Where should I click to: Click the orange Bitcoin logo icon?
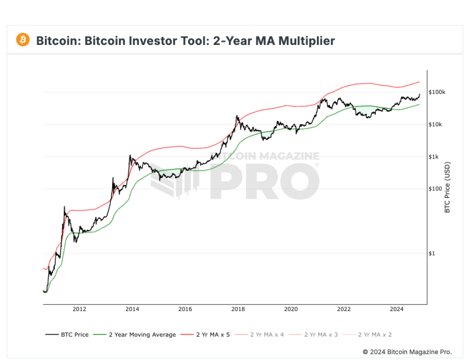pyautogui.click(x=23, y=40)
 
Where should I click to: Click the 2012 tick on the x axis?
pyautogui.click(x=79, y=309)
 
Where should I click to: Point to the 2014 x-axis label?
pyautogui.click(x=132, y=309)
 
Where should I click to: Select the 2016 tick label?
pyautogui.click(x=185, y=309)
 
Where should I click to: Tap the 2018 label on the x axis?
pyautogui.click(x=238, y=309)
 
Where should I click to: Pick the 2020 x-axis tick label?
pyautogui.click(x=291, y=309)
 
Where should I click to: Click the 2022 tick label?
pyautogui.click(x=344, y=309)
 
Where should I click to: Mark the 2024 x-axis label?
pyautogui.click(x=397, y=309)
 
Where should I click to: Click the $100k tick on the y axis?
pyautogui.click(x=437, y=92)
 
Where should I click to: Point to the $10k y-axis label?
pyautogui.click(x=436, y=124)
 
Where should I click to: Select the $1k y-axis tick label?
pyautogui.click(x=435, y=157)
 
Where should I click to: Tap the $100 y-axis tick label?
pyautogui.click(x=436, y=189)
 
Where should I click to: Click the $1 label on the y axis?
pyautogui.click(x=432, y=253)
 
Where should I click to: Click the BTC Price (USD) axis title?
pyautogui.click(x=448, y=187)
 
